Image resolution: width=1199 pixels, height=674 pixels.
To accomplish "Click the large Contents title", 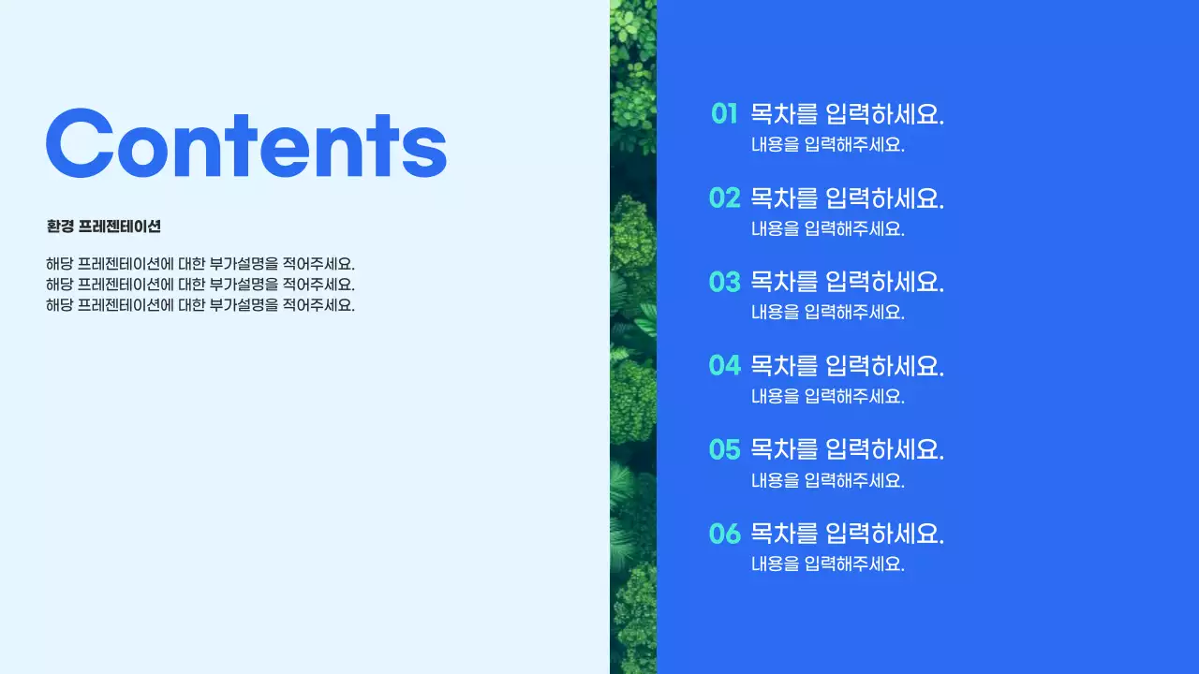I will [245, 142].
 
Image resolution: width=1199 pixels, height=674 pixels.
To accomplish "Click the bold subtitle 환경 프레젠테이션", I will [103, 227].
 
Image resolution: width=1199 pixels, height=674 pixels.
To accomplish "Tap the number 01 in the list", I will [725, 114].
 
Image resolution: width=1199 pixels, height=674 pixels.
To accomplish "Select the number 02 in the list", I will [725, 198].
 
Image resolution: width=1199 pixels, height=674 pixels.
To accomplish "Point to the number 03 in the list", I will [725, 282].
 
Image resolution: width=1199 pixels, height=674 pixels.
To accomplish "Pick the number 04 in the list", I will [725, 365].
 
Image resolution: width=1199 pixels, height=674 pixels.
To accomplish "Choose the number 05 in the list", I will [725, 449].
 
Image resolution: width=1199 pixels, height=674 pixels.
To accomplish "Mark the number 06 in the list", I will [725, 534].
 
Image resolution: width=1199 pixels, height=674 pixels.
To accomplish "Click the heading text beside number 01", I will [848, 114].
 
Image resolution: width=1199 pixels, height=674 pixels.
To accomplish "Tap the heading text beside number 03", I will [848, 282].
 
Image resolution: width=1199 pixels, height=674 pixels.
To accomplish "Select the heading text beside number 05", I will [848, 449].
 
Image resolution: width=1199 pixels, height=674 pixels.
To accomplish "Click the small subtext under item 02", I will [828, 228].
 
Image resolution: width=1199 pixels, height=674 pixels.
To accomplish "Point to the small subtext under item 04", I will [828, 396].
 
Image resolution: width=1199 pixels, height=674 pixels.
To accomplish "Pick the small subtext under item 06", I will [828, 564].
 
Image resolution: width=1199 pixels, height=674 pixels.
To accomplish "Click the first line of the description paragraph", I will [200, 264].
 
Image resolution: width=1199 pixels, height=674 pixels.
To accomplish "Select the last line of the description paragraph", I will [200, 305].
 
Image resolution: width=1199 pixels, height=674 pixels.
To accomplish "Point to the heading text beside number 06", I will [848, 534].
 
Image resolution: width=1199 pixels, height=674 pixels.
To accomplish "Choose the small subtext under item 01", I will [828, 145].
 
